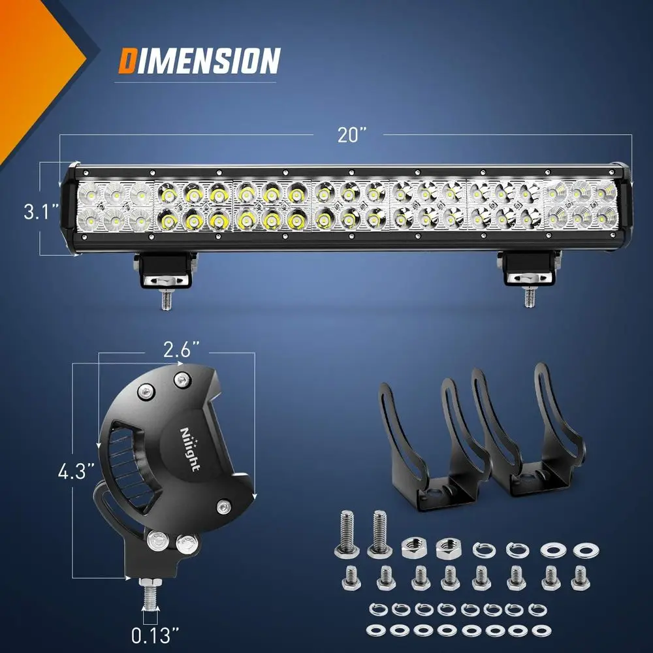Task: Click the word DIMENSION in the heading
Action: pyautogui.click(x=199, y=61)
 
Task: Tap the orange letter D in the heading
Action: pyautogui.click(x=127, y=61)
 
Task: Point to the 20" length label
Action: pyautogui.click(x=352, y=135)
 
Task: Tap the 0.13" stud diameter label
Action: pyautogui.click(x=155, y=633)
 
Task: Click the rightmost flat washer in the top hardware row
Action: pyautogui.click(x=582, y=550)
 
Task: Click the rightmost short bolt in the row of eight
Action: pyautogui.click(x=579, y=577)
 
